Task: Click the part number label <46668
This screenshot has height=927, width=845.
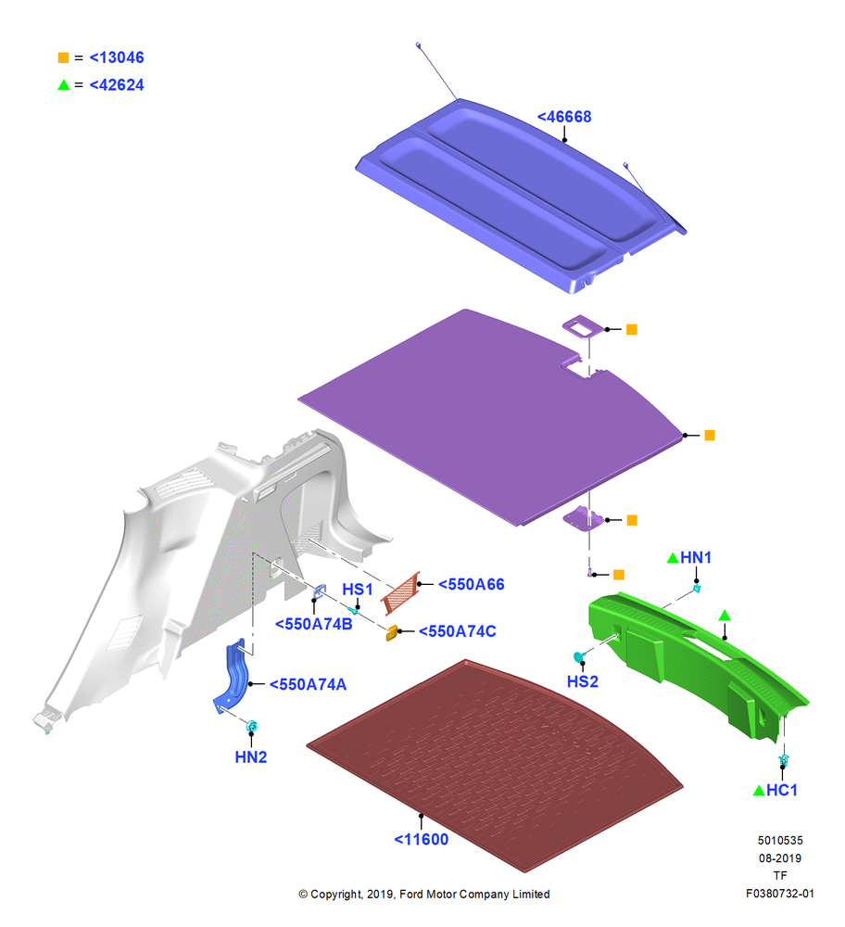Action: [x=563, y=117]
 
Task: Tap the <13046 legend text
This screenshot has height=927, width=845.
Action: [x=117, y=57]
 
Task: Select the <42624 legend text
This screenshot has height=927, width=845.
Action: [x=117, y=85]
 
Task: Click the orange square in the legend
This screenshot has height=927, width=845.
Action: [x=63, y=57]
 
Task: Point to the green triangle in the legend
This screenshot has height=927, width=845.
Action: [x=64, y=85]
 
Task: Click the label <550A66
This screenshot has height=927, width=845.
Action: [x=471, y=584]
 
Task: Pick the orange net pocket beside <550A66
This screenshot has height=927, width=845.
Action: [x=401, y=592]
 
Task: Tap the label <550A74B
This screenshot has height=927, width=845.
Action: [x=314, y=624]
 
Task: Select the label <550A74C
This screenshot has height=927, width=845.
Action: [x=457, y=631]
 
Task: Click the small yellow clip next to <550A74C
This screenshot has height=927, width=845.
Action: [x=391, y=633]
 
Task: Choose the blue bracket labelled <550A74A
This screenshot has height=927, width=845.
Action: [x=233, y=677]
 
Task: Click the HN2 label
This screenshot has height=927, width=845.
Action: [x=250, y=757]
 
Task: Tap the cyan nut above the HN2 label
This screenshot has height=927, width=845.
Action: [x=252, y=726]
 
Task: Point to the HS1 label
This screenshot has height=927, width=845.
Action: [x=358, y=590]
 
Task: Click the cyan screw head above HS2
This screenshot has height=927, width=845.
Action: [x=579, y=656]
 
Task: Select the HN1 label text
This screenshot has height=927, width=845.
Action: [x=696, y=557]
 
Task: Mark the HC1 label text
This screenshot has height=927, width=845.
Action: [x=782, y=791]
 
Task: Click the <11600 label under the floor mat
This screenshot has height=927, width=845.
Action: [x=421, y=840]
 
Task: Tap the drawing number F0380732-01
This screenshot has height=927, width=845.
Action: [x=779, y=894]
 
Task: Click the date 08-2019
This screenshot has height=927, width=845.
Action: [x=780, y=857]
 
